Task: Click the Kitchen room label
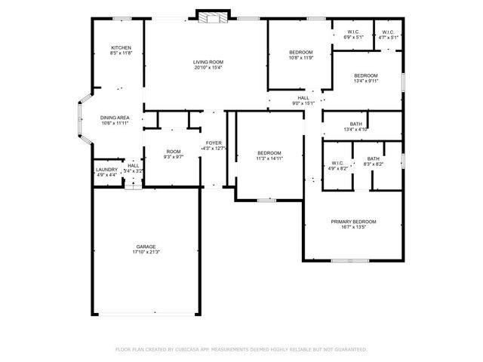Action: pyautogui.click(x=121, y=48)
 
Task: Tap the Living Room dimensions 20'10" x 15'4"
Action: pyautogui.click(x=208, y=68)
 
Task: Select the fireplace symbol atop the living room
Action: pyautogui.click(x=208, y=17)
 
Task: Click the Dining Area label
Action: pyautogui.click(x=115, y=118)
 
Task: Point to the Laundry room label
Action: pyautogui.click(x=106, y=170)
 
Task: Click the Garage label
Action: pyautogui.click(x=146, y=247)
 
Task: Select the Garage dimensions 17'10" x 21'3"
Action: pyautogui.click(x=146, y=253)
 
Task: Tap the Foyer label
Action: pyautogui.click(x=214, y=143)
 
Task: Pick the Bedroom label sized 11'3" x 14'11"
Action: pyautogui.click(x=269, y=153)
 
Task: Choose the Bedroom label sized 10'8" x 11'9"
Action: pyautogui.click(x=300, y=51)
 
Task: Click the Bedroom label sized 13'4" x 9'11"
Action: pyautogui.click(x=366, y=76)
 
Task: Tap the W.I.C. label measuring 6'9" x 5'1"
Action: pyautogui.click(x=353, y=32)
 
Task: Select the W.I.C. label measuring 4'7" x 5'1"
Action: pyautogui.click(x=388, y=32)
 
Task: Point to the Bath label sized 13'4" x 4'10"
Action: pyautogui.click(x=355, y=124)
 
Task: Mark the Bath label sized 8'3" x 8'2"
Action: pyautogui.click(x=373, y=158)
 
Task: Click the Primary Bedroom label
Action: pyautogui.click(x=353, y=222)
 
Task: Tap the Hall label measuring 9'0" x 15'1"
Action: pyautogui.click(x=303, y=97)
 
